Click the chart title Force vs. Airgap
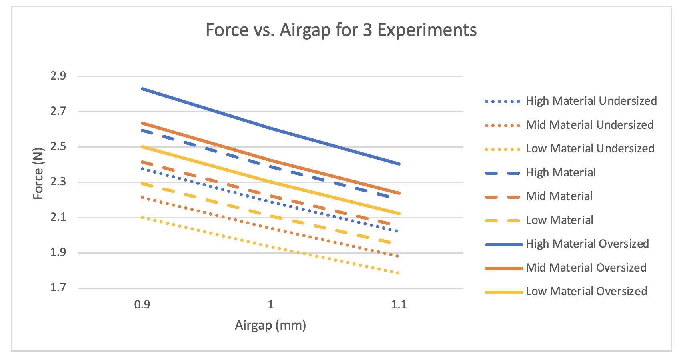[x=341, y=30]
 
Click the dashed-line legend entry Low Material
[x=559, y=220]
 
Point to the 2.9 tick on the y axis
[x=58, y=76]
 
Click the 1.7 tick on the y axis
[x=58, y=288]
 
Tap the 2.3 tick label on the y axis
[x=58, y=182]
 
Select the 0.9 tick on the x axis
[x=142, y=304]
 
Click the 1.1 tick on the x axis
[x=399, y=304]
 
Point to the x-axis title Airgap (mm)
[x=270, y=325]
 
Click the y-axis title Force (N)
[x=38, y=177]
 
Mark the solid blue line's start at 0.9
[x=142, y=88]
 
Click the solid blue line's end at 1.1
[x=399, y=164]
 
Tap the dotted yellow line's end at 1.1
[x=398, y=273]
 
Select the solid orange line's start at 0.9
[x=142, y=123]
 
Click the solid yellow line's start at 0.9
[x=142, y=146]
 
